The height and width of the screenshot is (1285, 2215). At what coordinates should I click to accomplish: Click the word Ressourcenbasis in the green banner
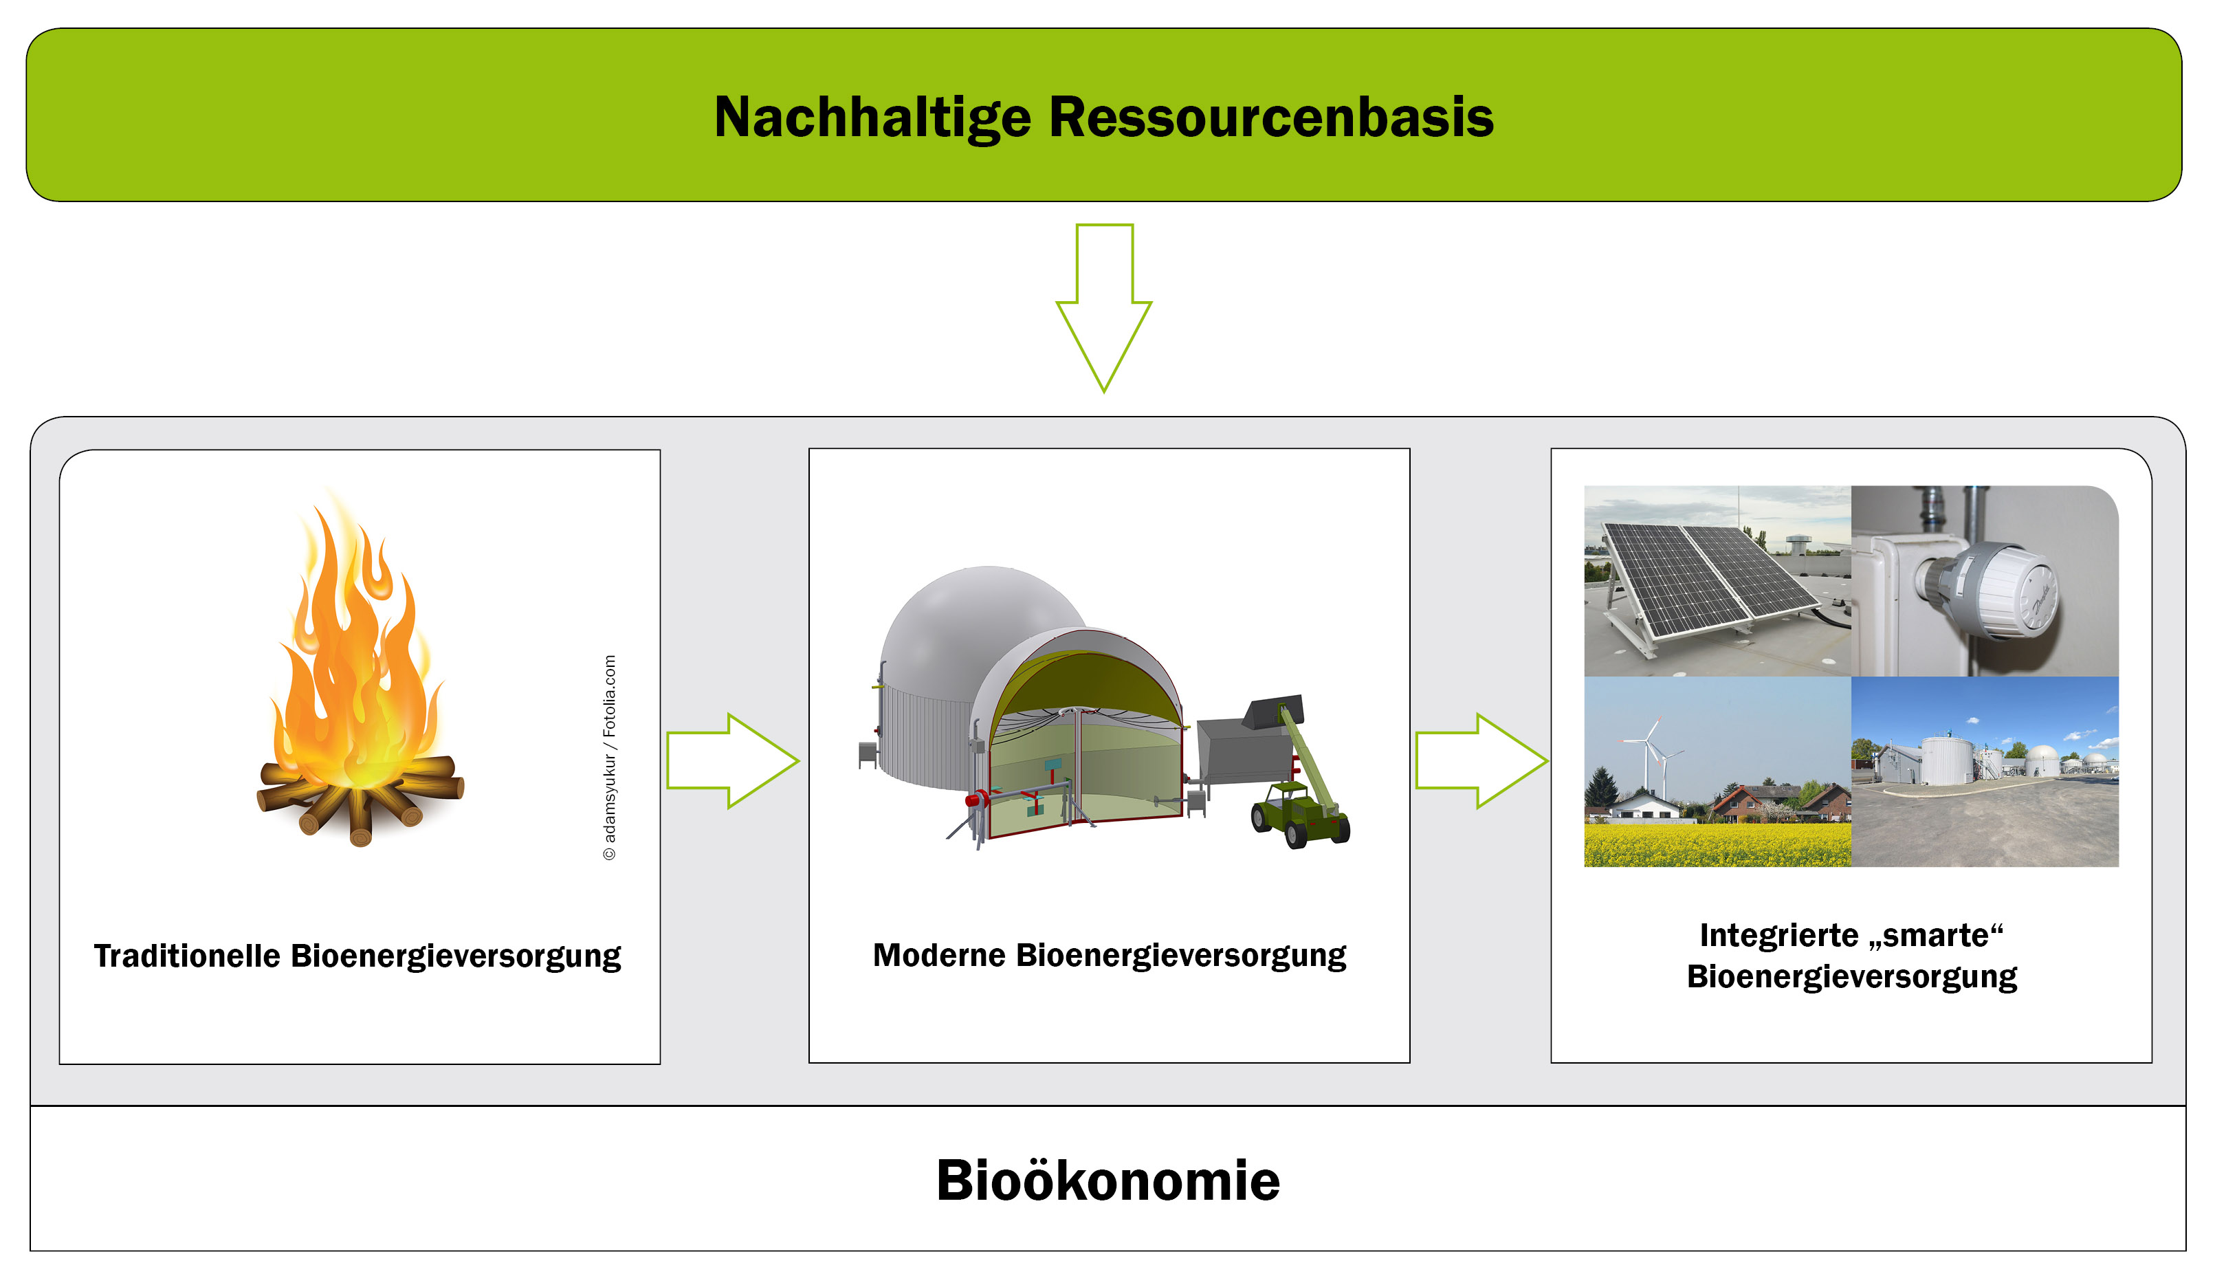(1271, 118)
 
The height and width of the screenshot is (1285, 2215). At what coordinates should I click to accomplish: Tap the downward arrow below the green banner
(1104, 307)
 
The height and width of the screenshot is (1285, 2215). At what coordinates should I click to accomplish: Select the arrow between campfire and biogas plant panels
(733, 761)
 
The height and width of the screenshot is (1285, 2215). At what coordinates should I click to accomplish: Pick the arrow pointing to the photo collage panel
(1482, 761)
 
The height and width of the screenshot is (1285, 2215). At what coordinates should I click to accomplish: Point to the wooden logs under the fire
(360, 800)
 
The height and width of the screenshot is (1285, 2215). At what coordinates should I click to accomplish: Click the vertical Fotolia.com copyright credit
(609, 758)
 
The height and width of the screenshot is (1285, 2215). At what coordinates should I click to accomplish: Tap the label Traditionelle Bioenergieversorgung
(357, 956)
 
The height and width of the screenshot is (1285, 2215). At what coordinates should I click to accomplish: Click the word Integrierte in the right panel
(1779, 935)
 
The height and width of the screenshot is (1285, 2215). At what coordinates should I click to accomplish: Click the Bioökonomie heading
(1107, 1180)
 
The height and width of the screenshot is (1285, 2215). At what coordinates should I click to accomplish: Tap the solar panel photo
(1717, 581)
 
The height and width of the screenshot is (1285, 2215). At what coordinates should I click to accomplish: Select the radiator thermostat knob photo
(1985, 581)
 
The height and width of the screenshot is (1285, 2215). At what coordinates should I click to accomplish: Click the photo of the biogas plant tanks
(1985, 771)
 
